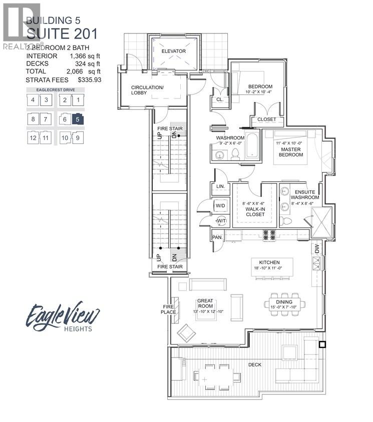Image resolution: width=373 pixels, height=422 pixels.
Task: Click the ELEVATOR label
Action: tap(174, 51)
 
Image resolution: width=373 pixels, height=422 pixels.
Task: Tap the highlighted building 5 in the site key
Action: tap(78, 119)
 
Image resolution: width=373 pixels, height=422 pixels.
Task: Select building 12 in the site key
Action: tap(33, 137)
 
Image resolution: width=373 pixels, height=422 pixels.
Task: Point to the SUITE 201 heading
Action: tap(62, 34)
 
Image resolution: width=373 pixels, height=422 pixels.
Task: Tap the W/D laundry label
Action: tap(220, 205)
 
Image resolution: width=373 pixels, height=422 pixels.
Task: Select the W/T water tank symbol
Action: tap(221, 221)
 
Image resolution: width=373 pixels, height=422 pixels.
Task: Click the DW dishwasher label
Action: tap(316, 248)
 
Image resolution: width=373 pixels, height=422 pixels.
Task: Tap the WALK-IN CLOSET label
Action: tap(255, 209)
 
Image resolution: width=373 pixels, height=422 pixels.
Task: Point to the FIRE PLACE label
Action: tap(168, 309)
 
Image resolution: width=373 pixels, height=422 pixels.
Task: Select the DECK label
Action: tap(254, 364)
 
